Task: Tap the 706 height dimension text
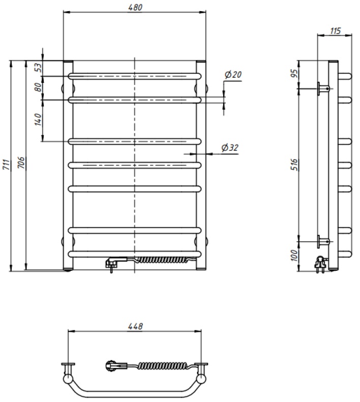coord(21,163)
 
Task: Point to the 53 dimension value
coord(38,68)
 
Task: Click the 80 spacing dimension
coord(38,87)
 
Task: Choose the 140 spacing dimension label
coord(38,120)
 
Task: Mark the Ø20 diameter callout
coord(232,75)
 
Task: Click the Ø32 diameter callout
coord(230,148)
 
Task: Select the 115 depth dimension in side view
coord(335,30)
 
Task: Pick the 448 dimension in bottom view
coord(135,326)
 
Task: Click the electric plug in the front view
coord(111,262)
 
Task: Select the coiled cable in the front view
coord(165,259)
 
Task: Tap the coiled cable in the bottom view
coord(162,365)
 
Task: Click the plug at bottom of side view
coord(320,264)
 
